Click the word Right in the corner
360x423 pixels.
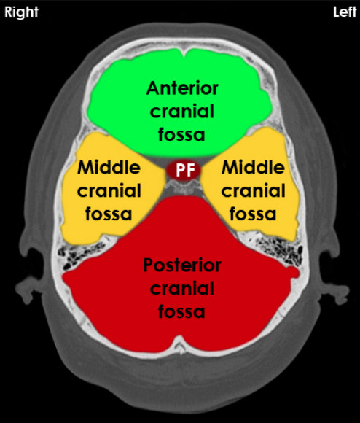(22, 12)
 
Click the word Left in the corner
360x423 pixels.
(345, 12)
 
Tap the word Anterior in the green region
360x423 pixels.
(182, 88)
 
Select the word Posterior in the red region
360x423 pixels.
(182, 265)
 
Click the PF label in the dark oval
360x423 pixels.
(185, 171)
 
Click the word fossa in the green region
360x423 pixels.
(181, 134)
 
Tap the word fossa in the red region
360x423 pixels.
(181, 311)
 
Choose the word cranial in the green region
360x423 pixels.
(182, 111)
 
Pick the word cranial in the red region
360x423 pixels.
(182, 288)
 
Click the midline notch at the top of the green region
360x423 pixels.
(184, 53)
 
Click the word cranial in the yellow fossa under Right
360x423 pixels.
(109, 190)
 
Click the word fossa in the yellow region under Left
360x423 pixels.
(253, 214)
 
